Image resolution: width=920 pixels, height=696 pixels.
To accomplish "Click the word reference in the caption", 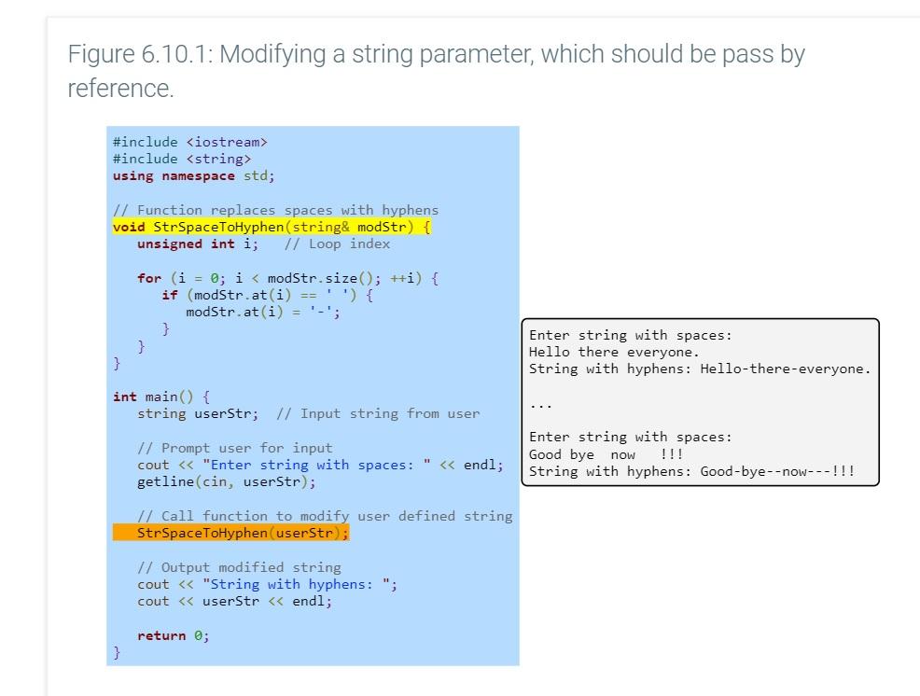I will [118, 89].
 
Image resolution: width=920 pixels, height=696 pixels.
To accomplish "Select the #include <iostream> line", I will [189, 142].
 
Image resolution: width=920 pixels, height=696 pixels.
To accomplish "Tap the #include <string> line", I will [181, 159].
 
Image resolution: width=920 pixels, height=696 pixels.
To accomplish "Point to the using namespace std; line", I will [193, 175].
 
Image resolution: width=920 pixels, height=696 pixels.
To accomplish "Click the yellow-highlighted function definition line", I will [271, 227].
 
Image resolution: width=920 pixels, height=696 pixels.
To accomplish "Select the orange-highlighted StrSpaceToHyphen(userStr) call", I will [242, 533].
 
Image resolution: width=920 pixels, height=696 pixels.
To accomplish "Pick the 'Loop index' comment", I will [349, 244].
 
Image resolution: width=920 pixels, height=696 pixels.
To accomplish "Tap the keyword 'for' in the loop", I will [148, 278].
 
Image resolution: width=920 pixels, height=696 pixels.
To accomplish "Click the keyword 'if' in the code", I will [169, 295].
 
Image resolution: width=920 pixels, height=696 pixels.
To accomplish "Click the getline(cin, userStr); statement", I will [226, 482].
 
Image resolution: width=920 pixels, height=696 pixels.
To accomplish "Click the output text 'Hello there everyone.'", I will [613, 352].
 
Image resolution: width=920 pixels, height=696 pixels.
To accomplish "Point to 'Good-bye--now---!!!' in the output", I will [776, 471].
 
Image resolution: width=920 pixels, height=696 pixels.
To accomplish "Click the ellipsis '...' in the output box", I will [540, 404].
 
